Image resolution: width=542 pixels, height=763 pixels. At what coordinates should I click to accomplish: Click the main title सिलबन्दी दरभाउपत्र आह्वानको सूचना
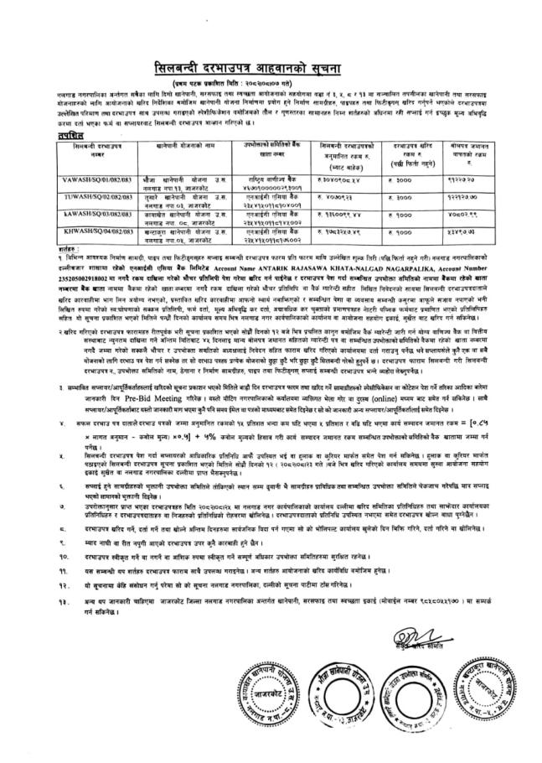pyautogui.click(x=271, y=68)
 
